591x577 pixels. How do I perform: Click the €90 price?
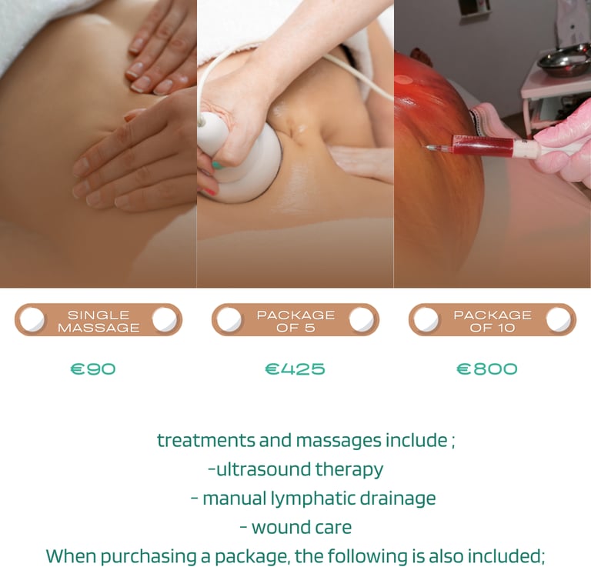click(93, 369)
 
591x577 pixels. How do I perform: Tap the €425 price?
click(295, 369)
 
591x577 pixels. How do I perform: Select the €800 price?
click(486, 369)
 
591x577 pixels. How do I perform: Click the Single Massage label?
click(98, 321)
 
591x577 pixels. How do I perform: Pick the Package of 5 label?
click(295, 321)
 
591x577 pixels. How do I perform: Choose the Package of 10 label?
click(492, 321)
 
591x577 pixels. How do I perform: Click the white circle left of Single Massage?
click(32, 319)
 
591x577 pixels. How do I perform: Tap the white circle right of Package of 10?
click(558, 319)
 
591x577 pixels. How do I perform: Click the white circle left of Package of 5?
click(229, 319)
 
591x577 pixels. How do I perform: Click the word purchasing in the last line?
click(149, 557)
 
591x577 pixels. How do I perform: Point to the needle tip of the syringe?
click(427, 148)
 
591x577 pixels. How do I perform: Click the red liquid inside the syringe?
click(483, 145)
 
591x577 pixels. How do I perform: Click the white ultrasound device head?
click(241, 158)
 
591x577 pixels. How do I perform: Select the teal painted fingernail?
click(217, 165)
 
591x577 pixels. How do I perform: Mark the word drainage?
click(398, 499)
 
